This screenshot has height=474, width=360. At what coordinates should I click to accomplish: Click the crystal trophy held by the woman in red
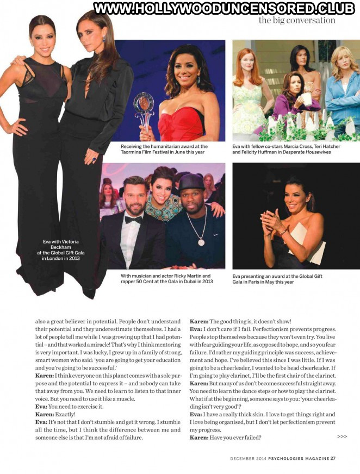point(144,109)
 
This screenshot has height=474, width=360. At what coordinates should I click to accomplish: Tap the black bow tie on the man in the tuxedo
point(133,219)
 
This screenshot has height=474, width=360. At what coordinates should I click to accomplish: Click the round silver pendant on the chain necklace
point(201,241)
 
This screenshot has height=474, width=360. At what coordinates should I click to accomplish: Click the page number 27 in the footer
point(333,458)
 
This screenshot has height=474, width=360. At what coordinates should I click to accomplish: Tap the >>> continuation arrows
point(342,436)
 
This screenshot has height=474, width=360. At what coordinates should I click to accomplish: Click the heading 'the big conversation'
point(296,20)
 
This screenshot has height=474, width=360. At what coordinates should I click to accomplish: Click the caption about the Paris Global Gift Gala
point(277,279)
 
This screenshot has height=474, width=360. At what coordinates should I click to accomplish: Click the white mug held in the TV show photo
point(308,98)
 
